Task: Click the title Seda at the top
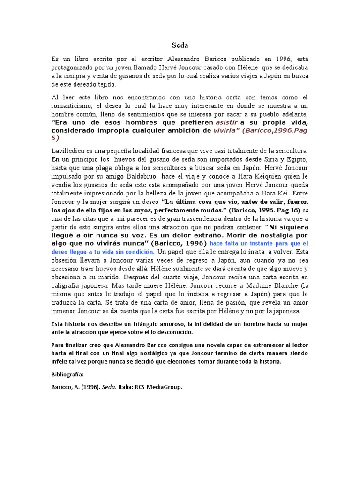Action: point(180,45)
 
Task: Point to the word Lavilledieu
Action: point(71,151)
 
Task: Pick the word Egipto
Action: point(294,159)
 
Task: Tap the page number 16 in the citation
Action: point(281,210)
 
